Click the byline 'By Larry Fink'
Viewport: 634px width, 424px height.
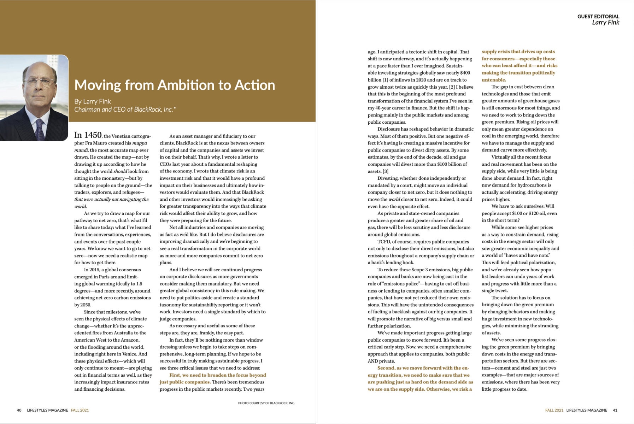[93, 101]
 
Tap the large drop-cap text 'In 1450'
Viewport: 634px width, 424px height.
[88, 135]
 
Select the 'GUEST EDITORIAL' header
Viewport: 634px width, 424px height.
[598, 16]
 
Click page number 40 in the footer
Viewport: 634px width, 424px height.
[19, 410]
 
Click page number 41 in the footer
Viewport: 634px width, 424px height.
[615, 410]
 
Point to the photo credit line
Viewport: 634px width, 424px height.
[266, 403]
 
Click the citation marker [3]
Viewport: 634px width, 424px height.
[386, 171]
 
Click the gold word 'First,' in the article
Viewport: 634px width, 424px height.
[175, 375]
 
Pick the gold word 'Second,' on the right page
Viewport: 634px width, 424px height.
[386, 368]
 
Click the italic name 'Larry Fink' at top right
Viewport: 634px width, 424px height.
[605, 23]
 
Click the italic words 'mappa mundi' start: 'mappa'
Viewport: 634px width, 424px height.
[140, 143]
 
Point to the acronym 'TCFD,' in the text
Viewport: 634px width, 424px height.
[384, 242]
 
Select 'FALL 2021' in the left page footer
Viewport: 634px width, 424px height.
[80, 410]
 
